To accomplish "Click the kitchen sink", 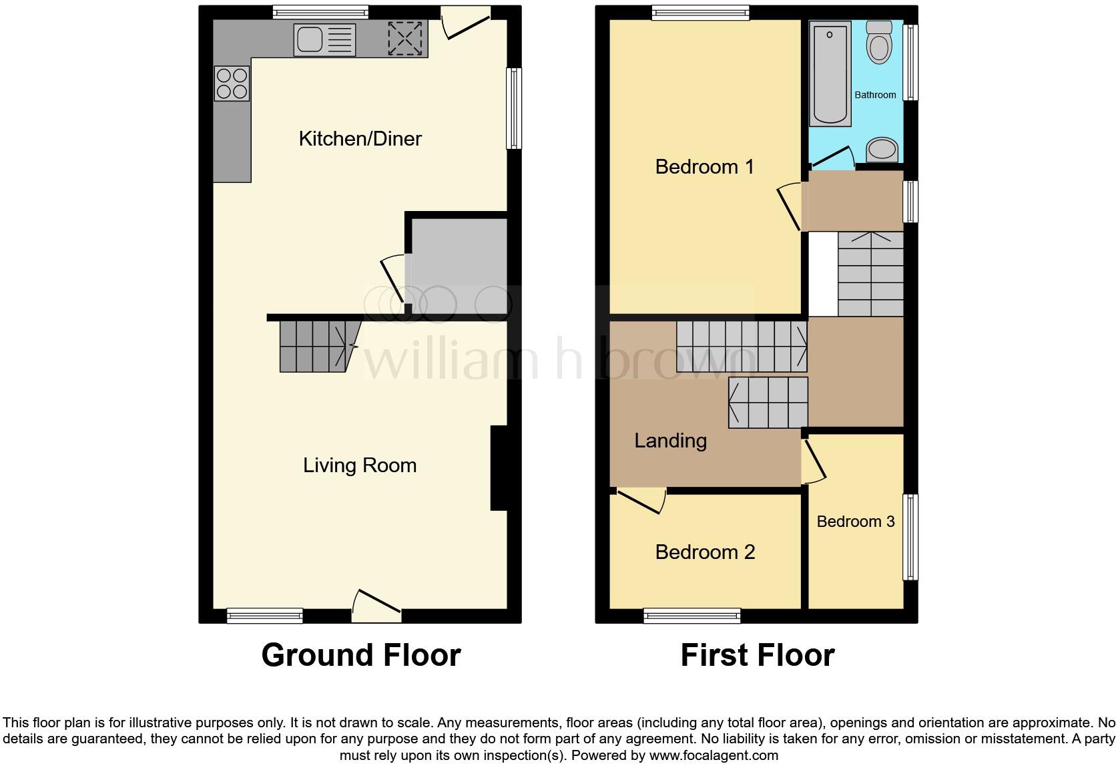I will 324,39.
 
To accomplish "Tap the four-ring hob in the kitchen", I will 232,83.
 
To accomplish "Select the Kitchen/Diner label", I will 360,139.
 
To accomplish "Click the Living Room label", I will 360,465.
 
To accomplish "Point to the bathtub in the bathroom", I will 830,73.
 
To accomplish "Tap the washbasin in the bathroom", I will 882,150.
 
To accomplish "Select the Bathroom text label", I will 875,95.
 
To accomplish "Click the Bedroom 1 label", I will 704,166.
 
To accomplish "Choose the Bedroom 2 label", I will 705,552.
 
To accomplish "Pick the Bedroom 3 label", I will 855,522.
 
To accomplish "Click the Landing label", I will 670,441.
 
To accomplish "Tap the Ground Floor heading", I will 361,655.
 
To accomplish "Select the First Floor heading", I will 758,655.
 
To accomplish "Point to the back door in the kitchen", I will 467,23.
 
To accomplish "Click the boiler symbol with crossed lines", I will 405,38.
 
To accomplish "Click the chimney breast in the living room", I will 499,468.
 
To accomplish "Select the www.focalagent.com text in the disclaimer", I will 714,756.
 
